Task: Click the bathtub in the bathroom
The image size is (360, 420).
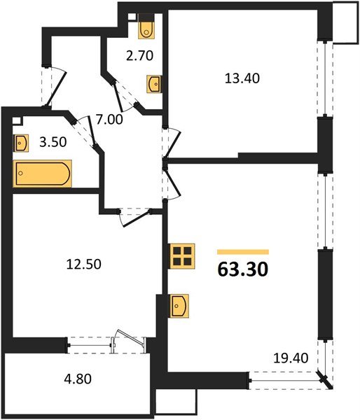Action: (x=43, y=173)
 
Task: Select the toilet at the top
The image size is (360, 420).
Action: (x=146, y=27)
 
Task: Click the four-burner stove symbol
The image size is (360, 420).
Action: (x=182, y=255)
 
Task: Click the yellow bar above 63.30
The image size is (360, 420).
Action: (x=242, y=251)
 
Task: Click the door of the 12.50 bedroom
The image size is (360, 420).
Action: (x=133, y=218)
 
